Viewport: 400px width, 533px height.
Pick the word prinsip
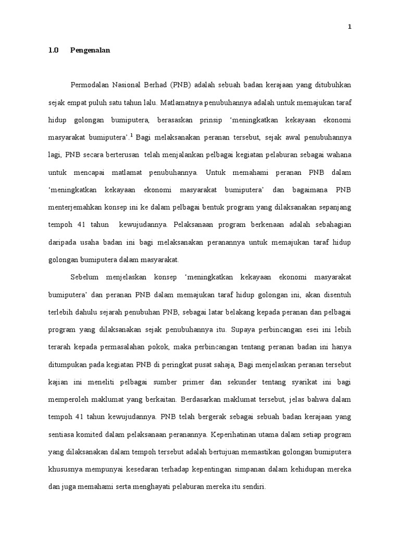[x=214, y=120]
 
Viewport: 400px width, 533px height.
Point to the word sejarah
[x=126, y=312]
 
